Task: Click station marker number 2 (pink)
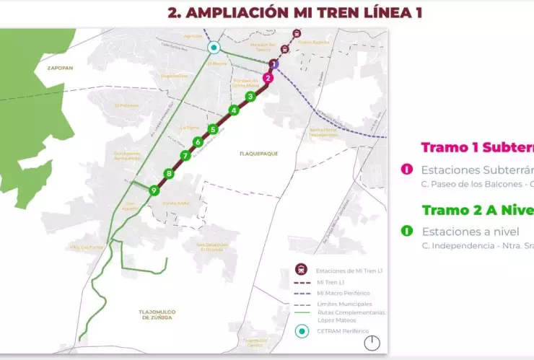268,78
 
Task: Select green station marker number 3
250,96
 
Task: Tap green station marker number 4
234,110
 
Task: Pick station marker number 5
213,129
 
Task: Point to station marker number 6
198,142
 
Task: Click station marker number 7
185,156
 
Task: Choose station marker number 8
169,173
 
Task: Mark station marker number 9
153,190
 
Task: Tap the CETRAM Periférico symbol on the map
214,48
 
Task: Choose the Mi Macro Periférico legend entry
343,293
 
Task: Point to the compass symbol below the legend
372,344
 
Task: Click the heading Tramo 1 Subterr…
477,148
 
